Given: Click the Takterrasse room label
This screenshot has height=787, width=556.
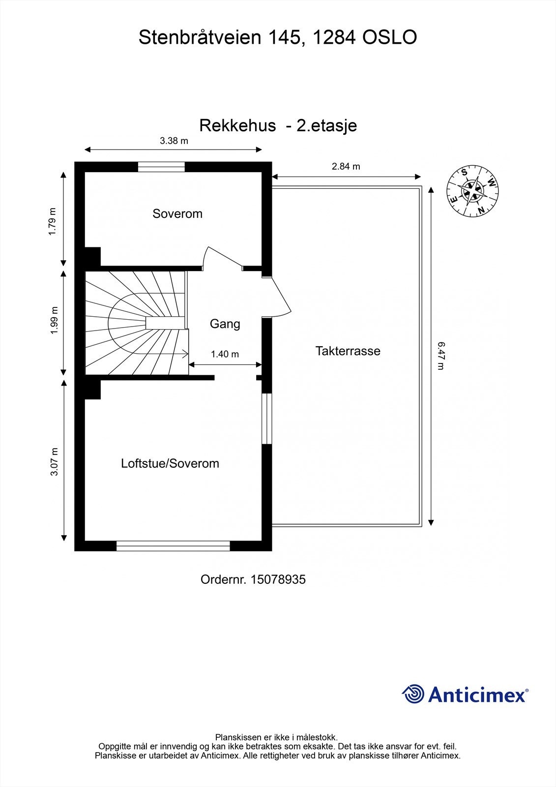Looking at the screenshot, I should [x=348, y=351].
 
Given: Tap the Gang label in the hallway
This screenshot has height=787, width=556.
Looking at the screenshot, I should [x=225, y=324].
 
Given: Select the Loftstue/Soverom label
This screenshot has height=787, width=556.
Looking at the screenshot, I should [x=170, y=463].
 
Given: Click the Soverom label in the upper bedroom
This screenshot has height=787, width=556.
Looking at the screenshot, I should [x=177, y=213].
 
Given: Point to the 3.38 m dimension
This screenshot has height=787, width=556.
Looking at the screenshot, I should [x=174, y=141].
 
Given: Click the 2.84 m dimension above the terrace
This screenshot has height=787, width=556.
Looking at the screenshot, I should [x=346, y=166].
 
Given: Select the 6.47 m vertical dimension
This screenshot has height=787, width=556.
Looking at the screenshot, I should [x=440, y=356].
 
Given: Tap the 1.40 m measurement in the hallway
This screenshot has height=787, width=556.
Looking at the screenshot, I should [x=225, y=354].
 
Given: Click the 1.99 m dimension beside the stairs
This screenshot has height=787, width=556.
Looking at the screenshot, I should [x=54, y=321].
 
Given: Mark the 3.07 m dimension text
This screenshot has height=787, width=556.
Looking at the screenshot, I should [x=54, y=461].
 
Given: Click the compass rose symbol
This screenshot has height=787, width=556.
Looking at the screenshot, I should [x=472, y=190].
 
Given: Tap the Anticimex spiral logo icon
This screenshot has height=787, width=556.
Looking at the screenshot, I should [x=413, y=694].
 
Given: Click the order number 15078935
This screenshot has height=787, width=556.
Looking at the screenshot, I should [x=278, y=579].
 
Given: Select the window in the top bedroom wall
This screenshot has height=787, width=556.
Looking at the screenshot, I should [x=161, y=167].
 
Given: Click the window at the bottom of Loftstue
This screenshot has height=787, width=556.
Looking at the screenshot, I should [x=173, y=545].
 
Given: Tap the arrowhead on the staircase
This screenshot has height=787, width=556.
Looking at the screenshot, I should [x=185, y=353].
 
